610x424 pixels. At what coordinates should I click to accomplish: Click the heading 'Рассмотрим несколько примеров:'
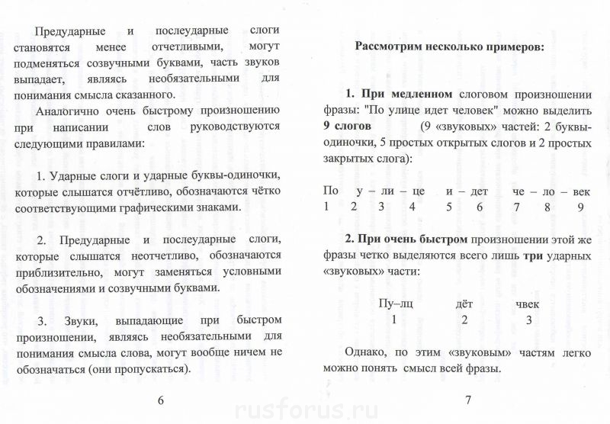click(450, 47)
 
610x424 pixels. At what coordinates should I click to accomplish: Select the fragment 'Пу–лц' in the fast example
click(396, 303)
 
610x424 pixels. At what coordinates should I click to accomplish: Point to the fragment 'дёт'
click(464, 303)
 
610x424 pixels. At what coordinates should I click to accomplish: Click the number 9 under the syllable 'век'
click(580, 206)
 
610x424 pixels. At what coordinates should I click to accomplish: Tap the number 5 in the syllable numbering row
click(450, 206)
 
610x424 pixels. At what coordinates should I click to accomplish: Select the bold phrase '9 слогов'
click(348, 126)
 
